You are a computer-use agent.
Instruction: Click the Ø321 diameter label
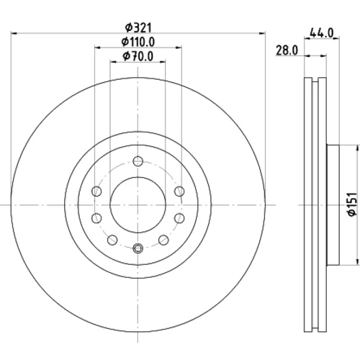pyautogui.click(x=139, y=28)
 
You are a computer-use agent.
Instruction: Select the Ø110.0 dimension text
pyautogui.click(x=138, y=42)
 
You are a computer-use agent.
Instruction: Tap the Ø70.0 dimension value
pyautogui.click(x=138, y=57)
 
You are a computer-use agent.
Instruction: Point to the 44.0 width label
pyautogui.click(x=322, y=32)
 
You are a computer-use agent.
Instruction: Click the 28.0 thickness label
pyautogui.click(x=287, y=50)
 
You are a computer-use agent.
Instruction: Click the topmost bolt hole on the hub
pyautogui.click(x=138, y=161)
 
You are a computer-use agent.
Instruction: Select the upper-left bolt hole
pyautogui.click(x=96, y=192)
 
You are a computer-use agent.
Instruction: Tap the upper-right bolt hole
pyautogui.click(x=179, y=192)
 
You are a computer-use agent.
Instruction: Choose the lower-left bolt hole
pyautogui.click(x=96, y=218)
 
